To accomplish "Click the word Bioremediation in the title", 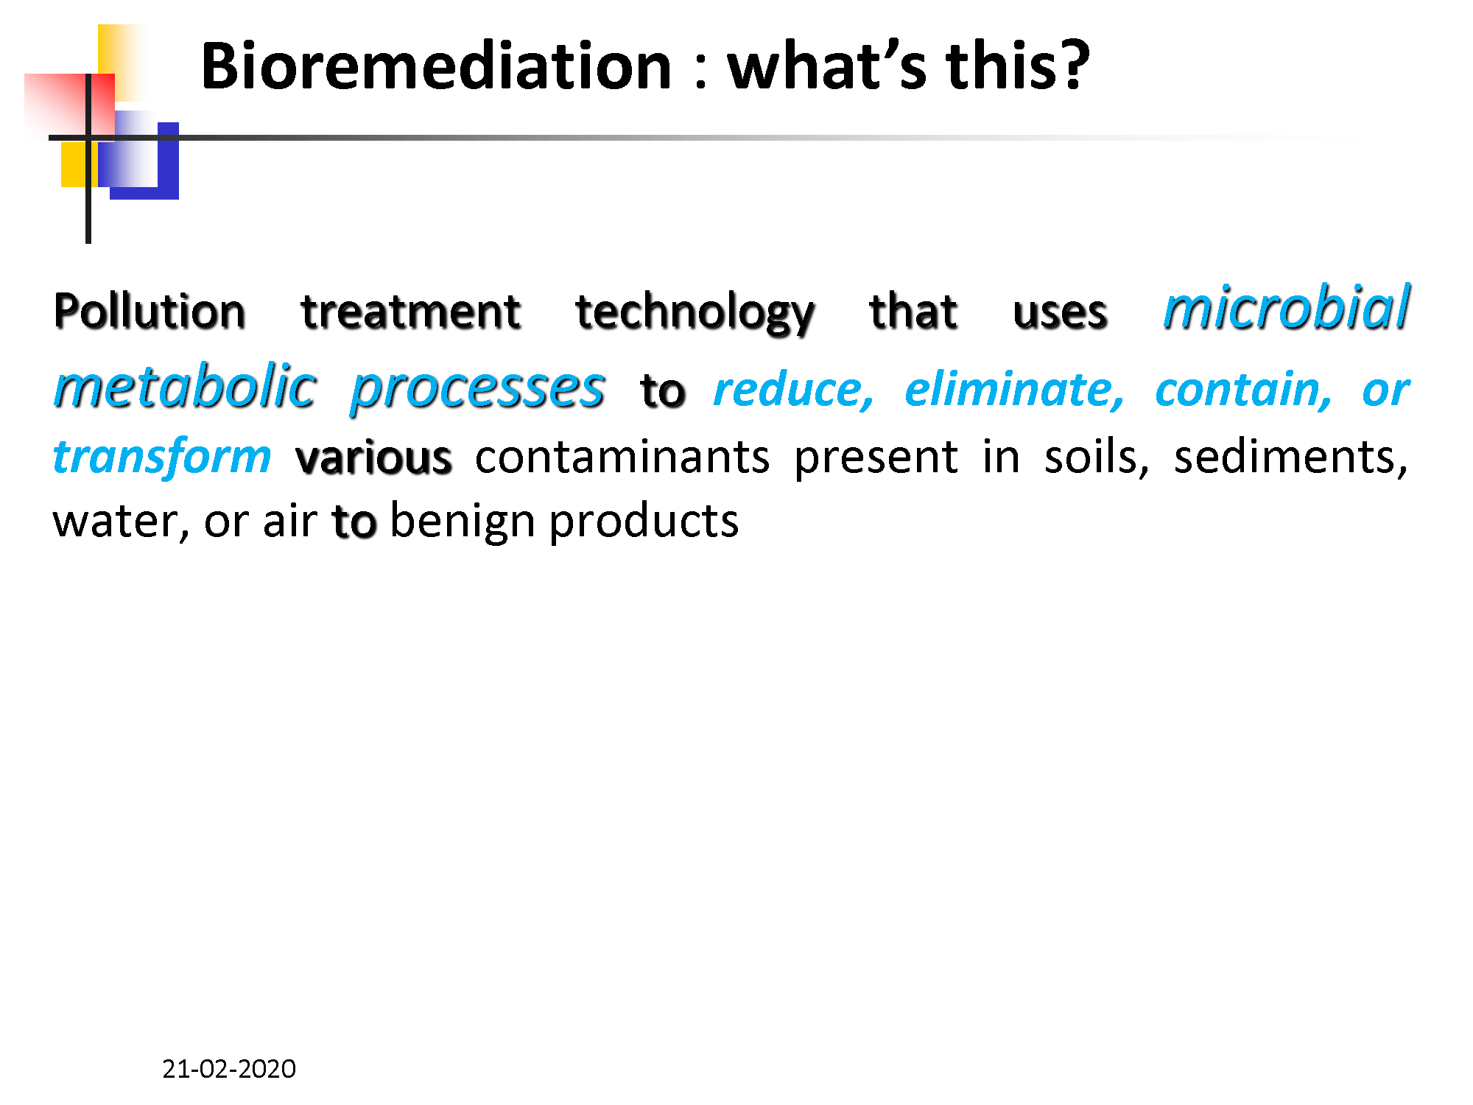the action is pyautogui.click(x=436, y=66).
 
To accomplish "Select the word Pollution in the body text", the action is pyautogui.click(x=150, y=310).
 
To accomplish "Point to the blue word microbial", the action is pyautogui.click(x=1286, y=307).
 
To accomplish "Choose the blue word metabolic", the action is pyautogui.click(x=185, y=386).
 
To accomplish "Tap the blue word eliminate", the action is pyautogui.click(x=1014, y=390).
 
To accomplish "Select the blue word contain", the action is pyautogui.click(x=1243, y=390).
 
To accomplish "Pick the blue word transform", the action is pyautogui.click(x=163, y=457).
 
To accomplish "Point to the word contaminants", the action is pyautogui.click(x=622, y=457).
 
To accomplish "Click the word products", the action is pyautogui.click(x=644, y=522).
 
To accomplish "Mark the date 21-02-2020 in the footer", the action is pyautogui.click(x=229, y=1069).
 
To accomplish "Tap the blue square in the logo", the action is pyautogui.click(x=144, y=161).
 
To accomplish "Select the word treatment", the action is pyautogui.click(x=411, y=310).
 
